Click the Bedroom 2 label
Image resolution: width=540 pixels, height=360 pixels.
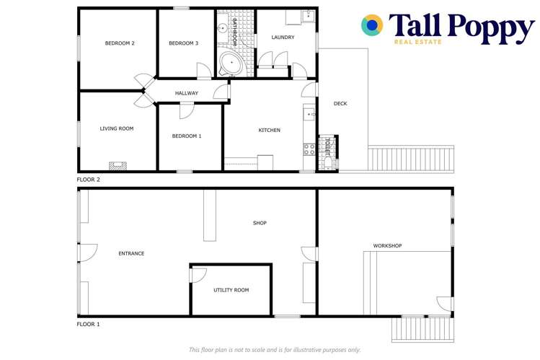click(120, 43)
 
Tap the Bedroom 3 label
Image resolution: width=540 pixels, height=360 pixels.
click(183, 43)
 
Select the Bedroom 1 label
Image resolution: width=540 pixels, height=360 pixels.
click(186, 136)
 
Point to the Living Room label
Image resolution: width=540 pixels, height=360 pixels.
click(117, 128)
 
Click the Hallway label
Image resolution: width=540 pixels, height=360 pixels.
click(186, 93)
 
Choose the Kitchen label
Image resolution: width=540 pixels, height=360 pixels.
click(270, 130)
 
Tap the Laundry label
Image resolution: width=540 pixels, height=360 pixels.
click(283, 38)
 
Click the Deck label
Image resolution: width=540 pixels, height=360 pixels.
click(340, 104)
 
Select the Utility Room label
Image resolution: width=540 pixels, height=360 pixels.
click(231, 290)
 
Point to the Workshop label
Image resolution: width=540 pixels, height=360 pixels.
click(387, 246)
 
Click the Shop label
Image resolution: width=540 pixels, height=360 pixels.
click(260, 223)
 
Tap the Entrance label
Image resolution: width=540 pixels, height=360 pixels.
click(131, 253)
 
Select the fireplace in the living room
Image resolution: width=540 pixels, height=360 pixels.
click(116, 165)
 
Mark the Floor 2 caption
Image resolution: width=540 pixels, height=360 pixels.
click(89, 179)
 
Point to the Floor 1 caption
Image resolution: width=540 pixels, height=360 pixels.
click(89, 325)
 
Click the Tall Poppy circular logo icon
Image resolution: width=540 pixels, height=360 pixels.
click(372, 25)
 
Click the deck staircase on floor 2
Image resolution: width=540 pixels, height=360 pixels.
click(411, 158)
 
